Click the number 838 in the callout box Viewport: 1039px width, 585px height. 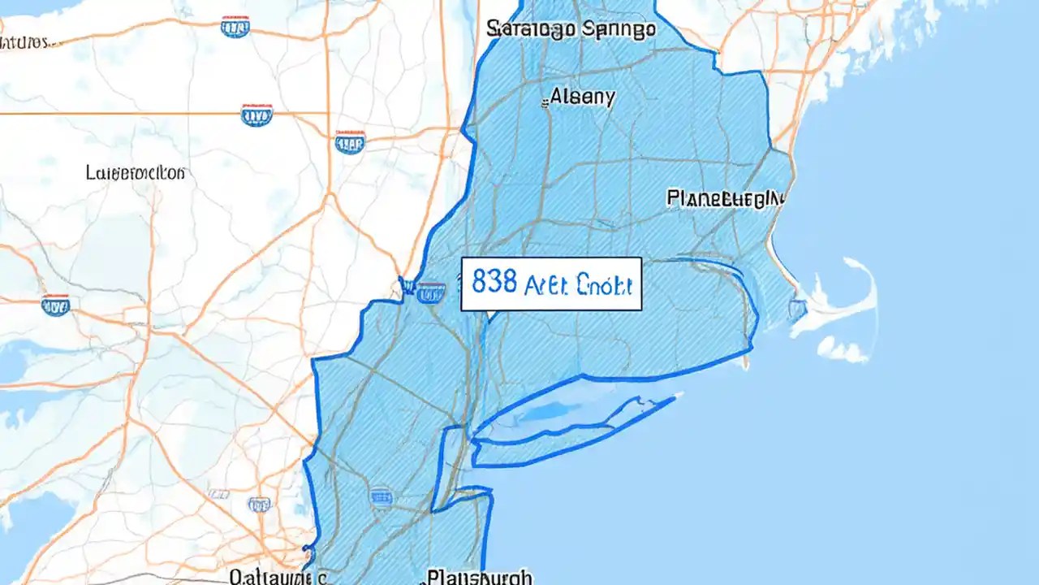click(x=494, y=284)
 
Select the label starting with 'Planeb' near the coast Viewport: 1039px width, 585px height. click(x=725, y=197)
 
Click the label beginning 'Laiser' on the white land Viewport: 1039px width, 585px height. click(x=136, y=173)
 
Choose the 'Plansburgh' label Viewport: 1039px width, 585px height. click(x=480, y=577)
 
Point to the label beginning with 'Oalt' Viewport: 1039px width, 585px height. click(x=277, y=577)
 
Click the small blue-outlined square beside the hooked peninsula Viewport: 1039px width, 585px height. click(x=798, y=309)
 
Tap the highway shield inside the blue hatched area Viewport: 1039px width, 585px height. click(x=381, y=495)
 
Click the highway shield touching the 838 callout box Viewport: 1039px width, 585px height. click(x=431, y=291)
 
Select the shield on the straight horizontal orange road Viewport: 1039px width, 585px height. click(x=257, y=115)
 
